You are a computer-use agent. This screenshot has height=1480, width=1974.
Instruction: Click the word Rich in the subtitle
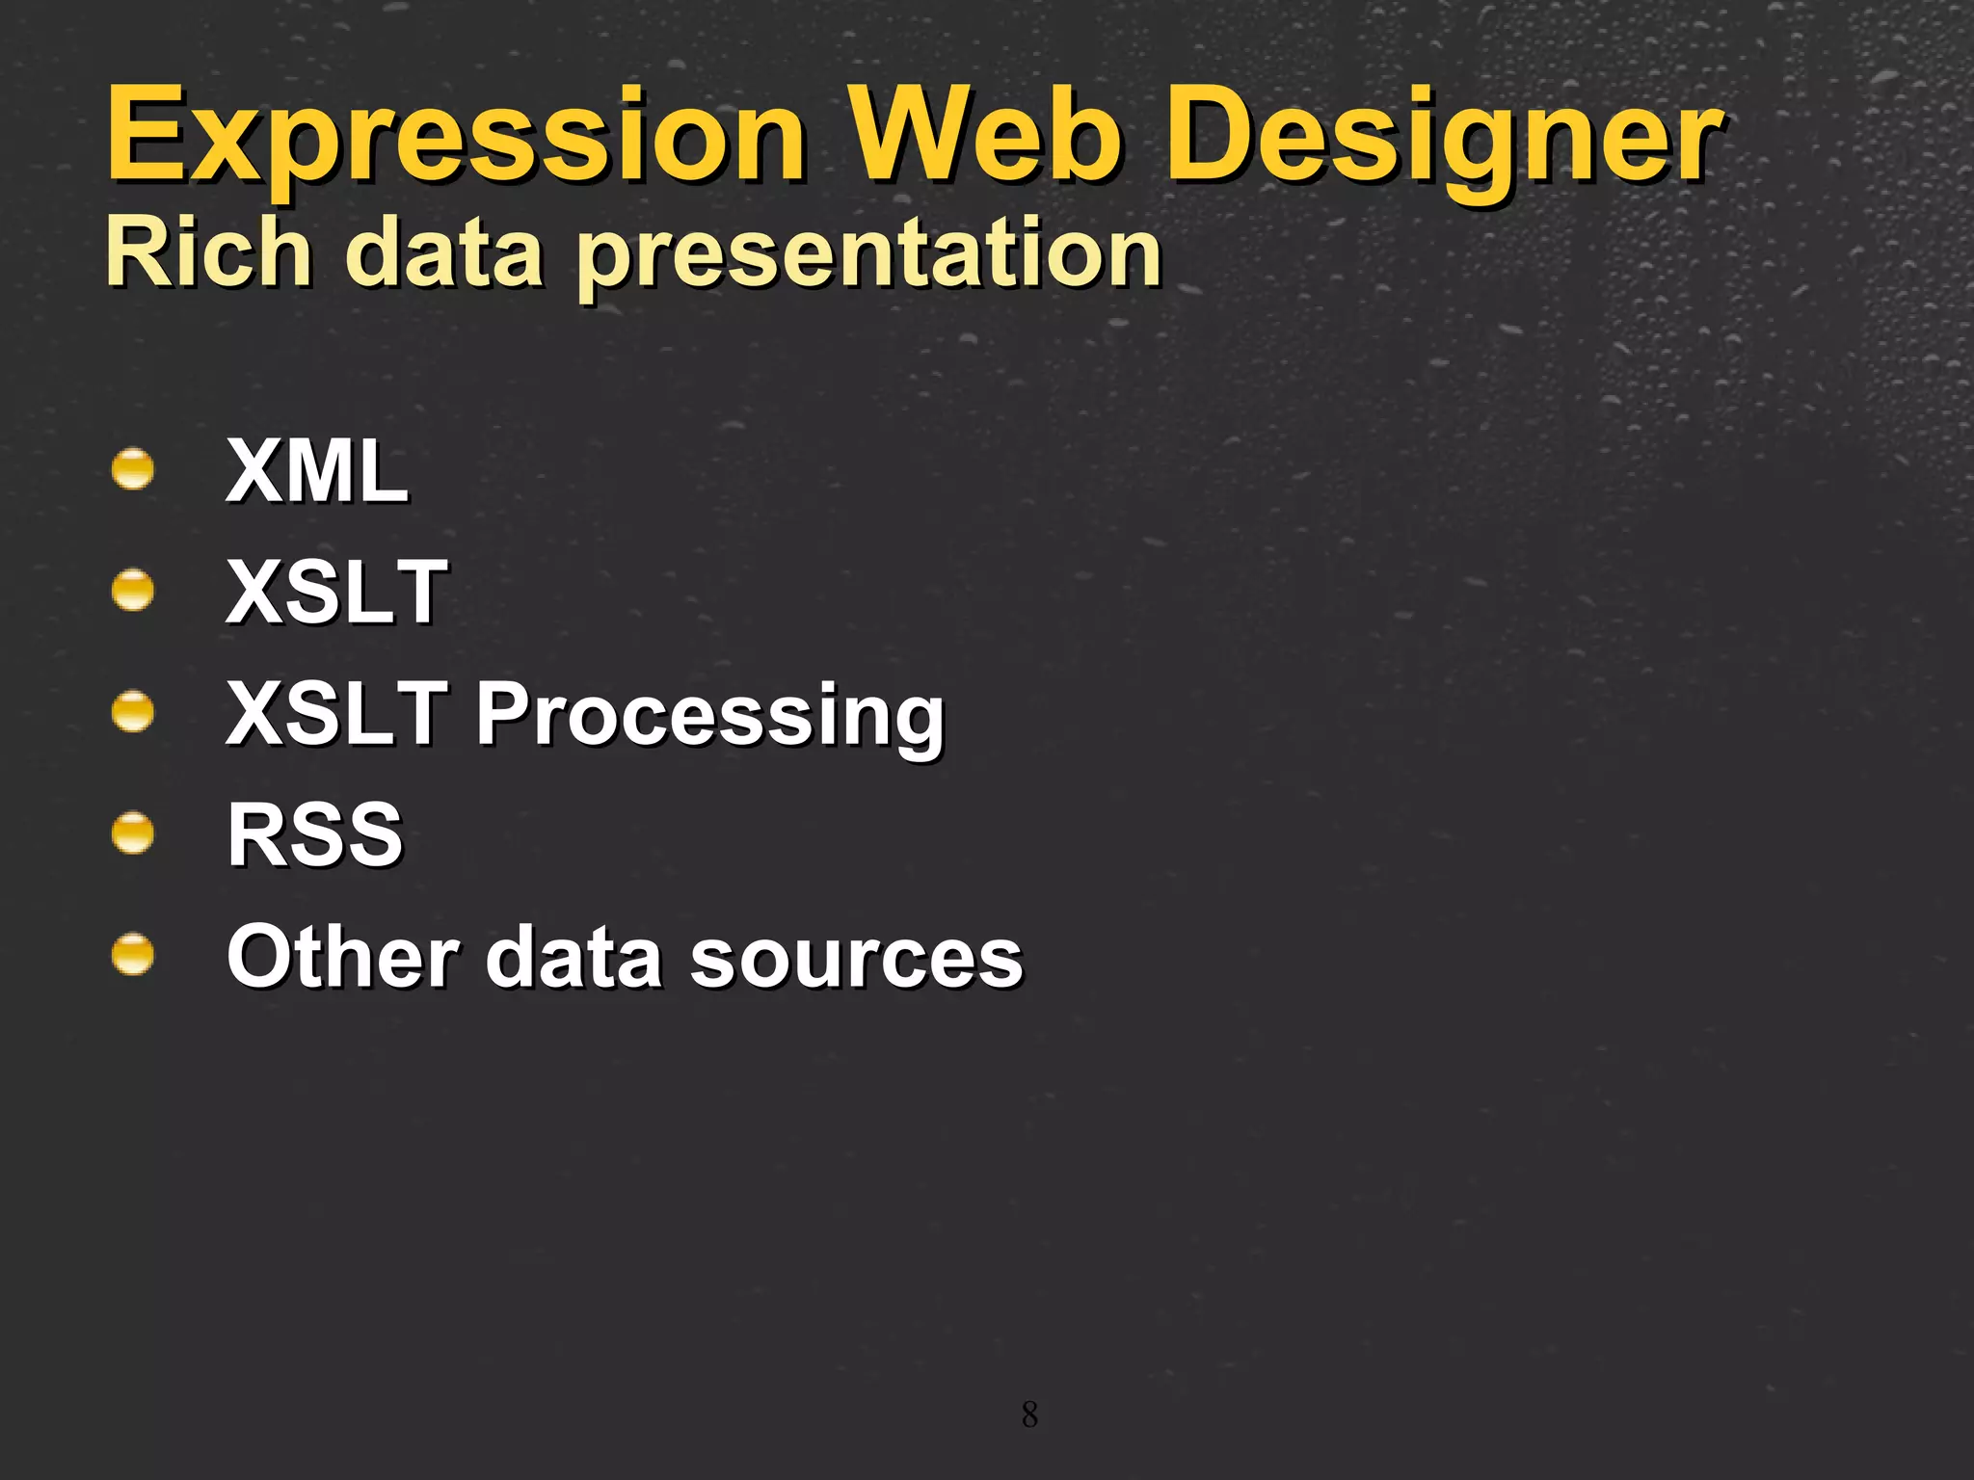point(208,252)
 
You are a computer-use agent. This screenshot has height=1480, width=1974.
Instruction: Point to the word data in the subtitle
point(444,252)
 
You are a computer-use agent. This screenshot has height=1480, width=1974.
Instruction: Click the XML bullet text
point(317,471)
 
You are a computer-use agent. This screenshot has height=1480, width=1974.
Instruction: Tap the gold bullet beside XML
point(132,470)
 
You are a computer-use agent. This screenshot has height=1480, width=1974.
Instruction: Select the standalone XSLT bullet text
point(336,592)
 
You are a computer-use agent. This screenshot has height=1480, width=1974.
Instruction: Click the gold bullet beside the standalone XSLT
point(132,591)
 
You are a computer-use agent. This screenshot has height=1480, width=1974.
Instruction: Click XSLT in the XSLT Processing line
point(336,713)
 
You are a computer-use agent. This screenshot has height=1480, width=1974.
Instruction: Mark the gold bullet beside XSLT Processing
point(132,713)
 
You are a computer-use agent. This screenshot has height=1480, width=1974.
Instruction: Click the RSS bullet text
point(315,834)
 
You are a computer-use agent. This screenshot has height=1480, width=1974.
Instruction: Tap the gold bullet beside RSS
point(132,833)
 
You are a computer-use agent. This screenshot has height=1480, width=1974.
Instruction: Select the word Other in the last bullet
point(342,956)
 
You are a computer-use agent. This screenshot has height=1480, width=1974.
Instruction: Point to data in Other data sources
point(573,956)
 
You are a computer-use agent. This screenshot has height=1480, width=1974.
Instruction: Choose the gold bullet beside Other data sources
point(132,955)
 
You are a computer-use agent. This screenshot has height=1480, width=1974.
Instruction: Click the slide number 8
point(1029,1414)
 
